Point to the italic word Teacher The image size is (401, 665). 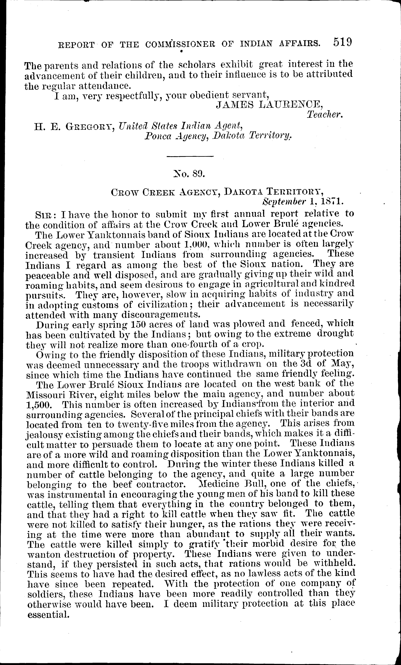325,115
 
